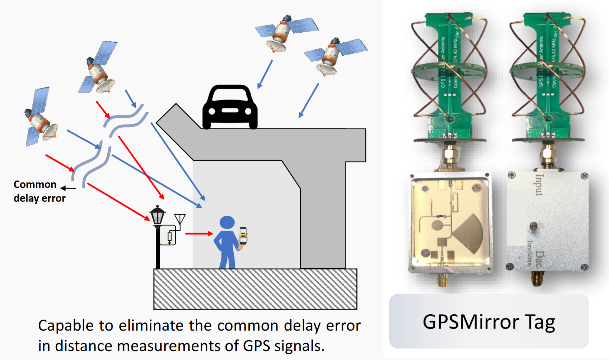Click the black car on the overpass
click(x=230, y=108)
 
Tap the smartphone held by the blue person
click(x=243, y=235)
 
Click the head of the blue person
click(x=227, y=223)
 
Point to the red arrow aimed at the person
click(x=199, y=234)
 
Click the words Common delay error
click(x=39, y=191)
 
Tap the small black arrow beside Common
click(x=68, y=188)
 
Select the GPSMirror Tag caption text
click(x=489, y=322)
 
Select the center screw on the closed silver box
click(x=533, y=226)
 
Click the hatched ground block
click(x=255, y=289)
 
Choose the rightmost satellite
click(x=334, y=56)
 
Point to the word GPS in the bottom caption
click(x=256, y=346)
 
